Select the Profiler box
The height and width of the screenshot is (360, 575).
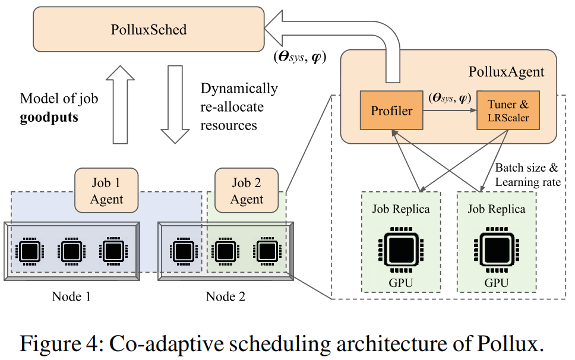391,111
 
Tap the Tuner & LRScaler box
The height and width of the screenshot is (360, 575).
508,111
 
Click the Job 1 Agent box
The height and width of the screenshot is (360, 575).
106,191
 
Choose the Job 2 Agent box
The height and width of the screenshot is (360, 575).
247,191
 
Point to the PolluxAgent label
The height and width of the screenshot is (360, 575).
506,72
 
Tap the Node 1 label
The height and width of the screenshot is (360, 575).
71,296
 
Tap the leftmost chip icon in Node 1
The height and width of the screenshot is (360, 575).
29,251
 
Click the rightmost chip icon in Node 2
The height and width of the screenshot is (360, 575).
264,251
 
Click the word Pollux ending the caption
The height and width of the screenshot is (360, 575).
514,343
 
